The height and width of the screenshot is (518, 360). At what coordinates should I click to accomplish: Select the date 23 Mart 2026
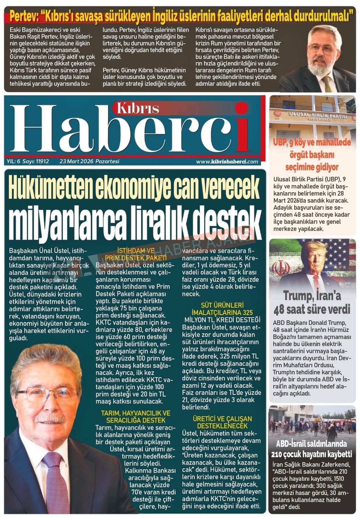(x=77, y=161)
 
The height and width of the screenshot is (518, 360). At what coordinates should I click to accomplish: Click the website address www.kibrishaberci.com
(x=227, y=162)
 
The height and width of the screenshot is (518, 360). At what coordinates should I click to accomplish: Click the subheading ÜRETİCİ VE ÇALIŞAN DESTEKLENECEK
(x=222, y=422)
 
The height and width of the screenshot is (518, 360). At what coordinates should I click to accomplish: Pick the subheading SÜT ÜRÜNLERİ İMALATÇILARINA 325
(x=222, y=309)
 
